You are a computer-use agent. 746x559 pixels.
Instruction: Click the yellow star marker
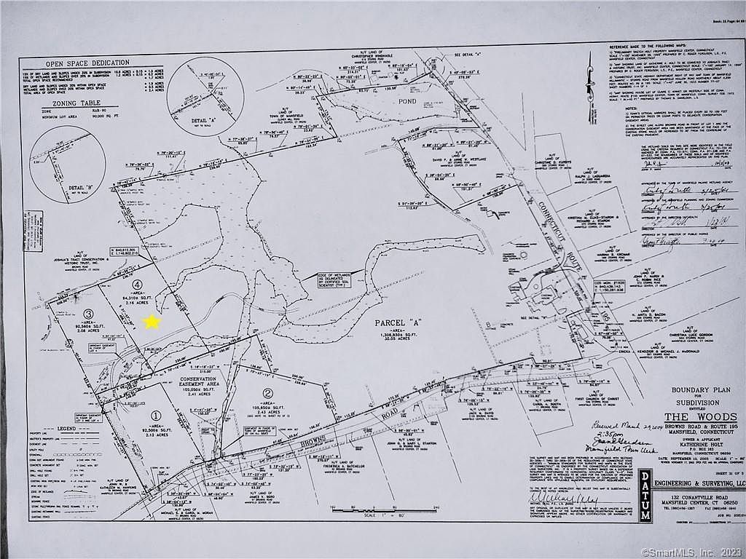[x=152, y=321]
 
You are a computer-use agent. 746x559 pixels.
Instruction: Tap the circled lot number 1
[x=155, y=416]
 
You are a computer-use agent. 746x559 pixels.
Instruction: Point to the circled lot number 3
[x=89, y=313]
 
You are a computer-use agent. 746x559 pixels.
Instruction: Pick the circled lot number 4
[x=137, y=285]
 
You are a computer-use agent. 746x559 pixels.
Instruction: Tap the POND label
[x=407, y=101]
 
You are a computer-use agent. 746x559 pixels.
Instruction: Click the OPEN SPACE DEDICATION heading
[x=87, y=63]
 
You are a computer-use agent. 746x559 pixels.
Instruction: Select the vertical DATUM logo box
[x=645, y=496]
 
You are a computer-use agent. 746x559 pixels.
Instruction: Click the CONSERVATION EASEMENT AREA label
[x=198, y=383]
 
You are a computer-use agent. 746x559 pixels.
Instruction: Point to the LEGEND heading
[x=66, y=429]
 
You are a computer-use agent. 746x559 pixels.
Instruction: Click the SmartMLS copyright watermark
[x=692, y=552]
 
